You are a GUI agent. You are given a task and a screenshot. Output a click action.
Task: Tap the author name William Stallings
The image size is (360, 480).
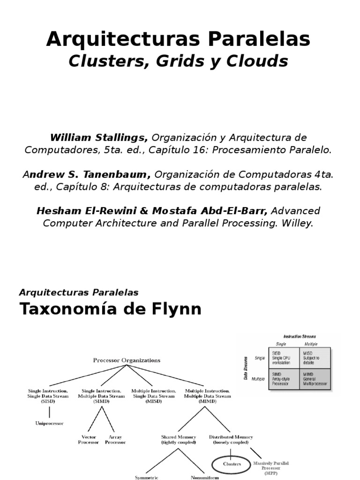point(99,137)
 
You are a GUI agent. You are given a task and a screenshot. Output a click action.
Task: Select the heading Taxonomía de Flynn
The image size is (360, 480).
point(110,309)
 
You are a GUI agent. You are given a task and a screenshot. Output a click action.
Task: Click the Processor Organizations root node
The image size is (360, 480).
point(127,360)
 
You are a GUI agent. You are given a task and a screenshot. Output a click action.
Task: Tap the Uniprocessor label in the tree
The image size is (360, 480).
point(49,423)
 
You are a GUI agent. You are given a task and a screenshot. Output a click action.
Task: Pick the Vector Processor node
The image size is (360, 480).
point(89,440)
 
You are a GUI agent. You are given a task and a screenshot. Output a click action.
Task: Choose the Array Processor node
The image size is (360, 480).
point(115,440)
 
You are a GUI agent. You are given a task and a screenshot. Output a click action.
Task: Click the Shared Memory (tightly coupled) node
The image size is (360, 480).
point(178,440)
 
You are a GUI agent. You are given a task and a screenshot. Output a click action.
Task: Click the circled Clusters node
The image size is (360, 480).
point(232,464)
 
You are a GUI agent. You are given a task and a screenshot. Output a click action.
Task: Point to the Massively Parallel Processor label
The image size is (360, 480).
point(271,467)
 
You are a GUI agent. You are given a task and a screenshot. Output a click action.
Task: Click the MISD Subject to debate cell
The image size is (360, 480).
point(315,358)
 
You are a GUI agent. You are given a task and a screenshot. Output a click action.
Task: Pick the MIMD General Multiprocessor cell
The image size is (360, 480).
point(315,379)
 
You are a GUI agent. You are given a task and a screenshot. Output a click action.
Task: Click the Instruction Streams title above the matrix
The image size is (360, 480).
point(300,336)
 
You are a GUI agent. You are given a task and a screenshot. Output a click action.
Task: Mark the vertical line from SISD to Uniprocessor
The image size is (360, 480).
point(49,411)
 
